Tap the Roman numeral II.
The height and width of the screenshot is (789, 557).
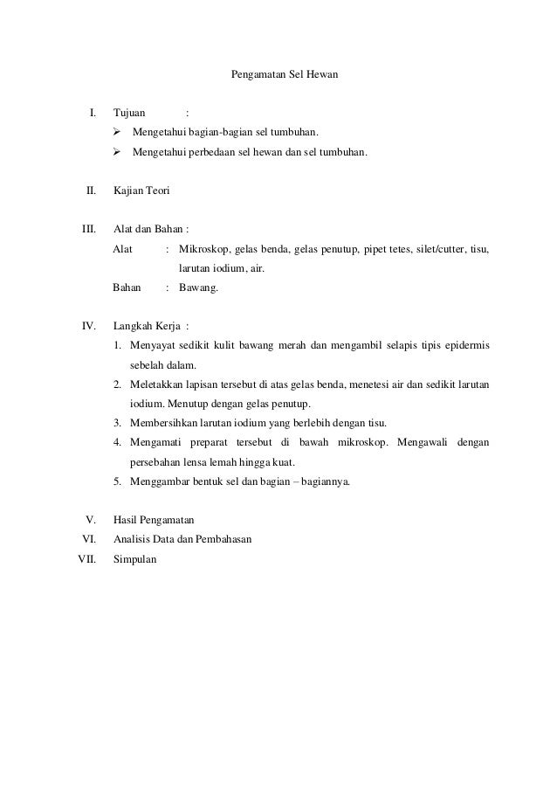(x=90, y=190)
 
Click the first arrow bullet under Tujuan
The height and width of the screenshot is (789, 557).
(x=119, y=133)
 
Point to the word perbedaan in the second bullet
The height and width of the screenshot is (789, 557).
(x=236, y=152)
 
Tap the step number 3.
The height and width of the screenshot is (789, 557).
(x=116, y=423)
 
